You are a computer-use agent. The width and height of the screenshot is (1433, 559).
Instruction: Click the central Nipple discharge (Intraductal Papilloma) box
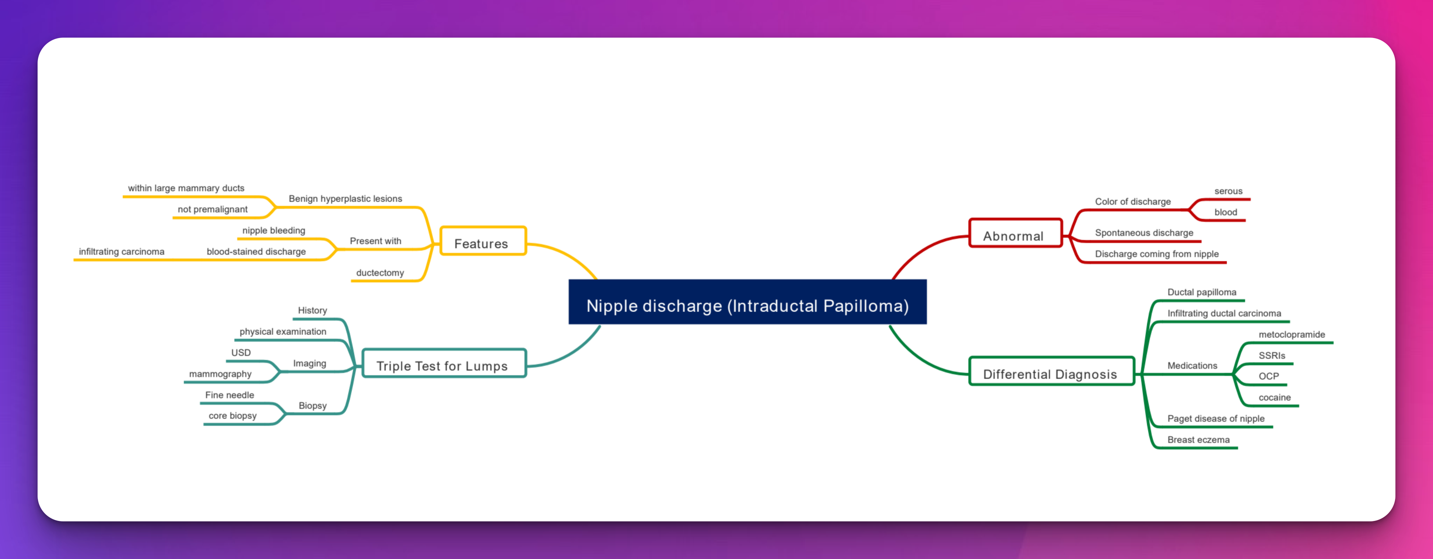(x=747, y=302)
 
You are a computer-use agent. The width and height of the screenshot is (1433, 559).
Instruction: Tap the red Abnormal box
(x=1015, y=233)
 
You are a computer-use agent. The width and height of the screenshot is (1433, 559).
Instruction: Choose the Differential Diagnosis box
(x=1051, y=371)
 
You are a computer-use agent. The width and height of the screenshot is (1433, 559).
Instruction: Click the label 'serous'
(x=1228, y=191)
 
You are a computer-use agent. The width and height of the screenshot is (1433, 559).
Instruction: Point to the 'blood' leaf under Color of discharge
(x=1225, y=212)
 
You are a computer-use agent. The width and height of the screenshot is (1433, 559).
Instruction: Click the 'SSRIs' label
(x=1272, y=355)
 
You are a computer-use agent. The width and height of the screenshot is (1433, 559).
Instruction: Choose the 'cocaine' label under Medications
(x=1274, y=397)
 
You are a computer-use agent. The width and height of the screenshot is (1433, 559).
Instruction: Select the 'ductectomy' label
(x=380, y=273)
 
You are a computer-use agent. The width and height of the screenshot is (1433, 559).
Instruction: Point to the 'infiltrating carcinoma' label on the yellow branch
(x=121, y=252)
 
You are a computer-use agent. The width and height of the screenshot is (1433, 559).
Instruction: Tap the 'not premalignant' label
(x=213, y=209)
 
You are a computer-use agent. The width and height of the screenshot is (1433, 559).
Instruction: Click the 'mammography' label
(x=220, y=374)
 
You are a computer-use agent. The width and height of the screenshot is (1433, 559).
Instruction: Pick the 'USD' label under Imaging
(x=241, y=352)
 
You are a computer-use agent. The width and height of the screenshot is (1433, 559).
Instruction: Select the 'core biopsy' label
(x=233, y=416)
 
